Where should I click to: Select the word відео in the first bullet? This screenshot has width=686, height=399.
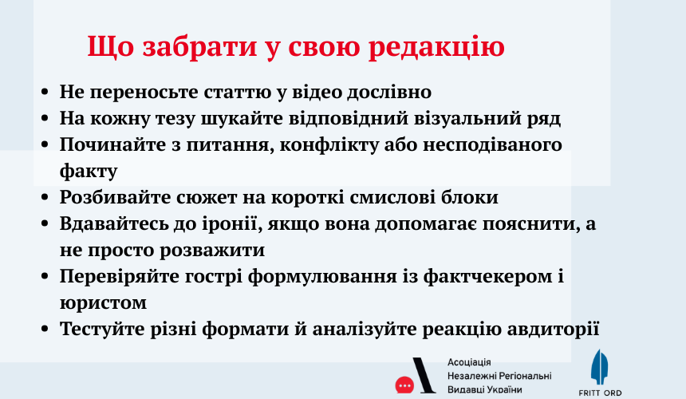coord(317,92)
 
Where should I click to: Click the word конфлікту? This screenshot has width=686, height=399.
coord(329,145)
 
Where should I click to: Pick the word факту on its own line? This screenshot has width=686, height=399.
coord(89,172)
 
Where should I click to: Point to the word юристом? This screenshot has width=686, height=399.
coord(103,302)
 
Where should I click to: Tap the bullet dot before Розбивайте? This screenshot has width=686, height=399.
coord(45,198)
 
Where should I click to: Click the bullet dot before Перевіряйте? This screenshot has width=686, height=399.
coord(45,276)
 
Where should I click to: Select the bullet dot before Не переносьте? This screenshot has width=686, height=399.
coord(45,93)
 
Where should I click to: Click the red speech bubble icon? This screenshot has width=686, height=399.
coord(404,385)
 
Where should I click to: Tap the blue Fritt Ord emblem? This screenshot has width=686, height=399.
coord(599,367)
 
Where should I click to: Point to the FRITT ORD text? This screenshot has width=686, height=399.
coord(600,393)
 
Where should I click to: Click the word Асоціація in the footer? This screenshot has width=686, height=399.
coord(469,362)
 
